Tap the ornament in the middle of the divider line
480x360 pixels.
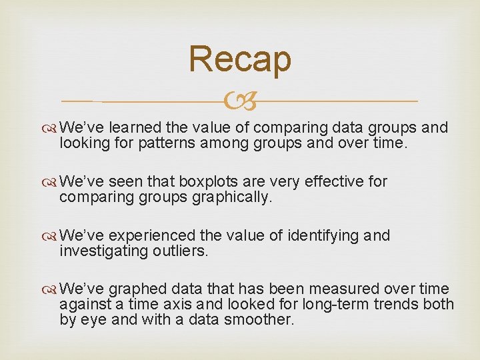pos(241,102)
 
